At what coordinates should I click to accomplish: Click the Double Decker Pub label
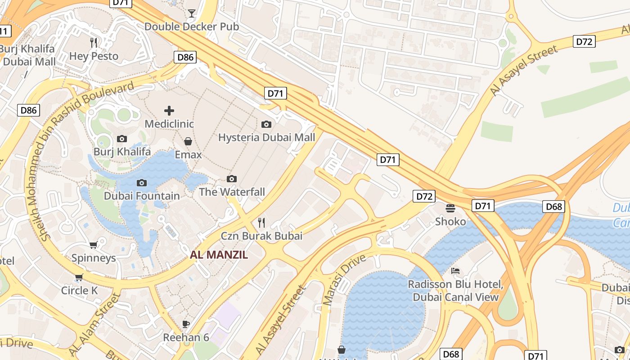pyautogui.click(x=191, y=27)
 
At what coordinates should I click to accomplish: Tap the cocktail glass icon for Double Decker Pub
pyautogui.click(x=192, y=13)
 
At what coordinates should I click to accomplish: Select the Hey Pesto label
pyautogui.click(x=94, y=56)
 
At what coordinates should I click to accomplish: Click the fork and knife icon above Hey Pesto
pyautogui.click(x=94, y=43)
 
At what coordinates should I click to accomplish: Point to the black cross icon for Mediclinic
pyautogui.click(x=169, y=110)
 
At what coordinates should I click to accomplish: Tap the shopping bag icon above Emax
pyautogui.click(x=188, y=141)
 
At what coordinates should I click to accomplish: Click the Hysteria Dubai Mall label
pyautogui.click(x=266, y=137)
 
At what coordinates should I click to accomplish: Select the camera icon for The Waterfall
pyautogui.click(x=232, y=179)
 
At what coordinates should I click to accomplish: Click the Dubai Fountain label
pyautogui.click(x=142, y=196)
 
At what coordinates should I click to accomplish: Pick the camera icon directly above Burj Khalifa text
pyautogui.click(x=122, y=139)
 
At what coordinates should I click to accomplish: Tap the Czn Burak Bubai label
pyautogui.click(x=261, y=236)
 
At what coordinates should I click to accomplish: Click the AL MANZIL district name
pyautogui.click(x=219, y=255)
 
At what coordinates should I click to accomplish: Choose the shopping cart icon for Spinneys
pyautogui.click(x=93, y=245)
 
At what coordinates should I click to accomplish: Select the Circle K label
pyautogui.click(x=79, y=291)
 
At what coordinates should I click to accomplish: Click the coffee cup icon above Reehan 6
pyautogui.click(x=185, y=324)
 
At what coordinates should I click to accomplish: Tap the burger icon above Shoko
pyautogui.click(x=450, y=208)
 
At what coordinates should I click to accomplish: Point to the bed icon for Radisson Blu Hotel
pyautogui.click(x=455, y=271)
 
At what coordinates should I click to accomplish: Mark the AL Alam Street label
pyautogui.click(x=94, y=324)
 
